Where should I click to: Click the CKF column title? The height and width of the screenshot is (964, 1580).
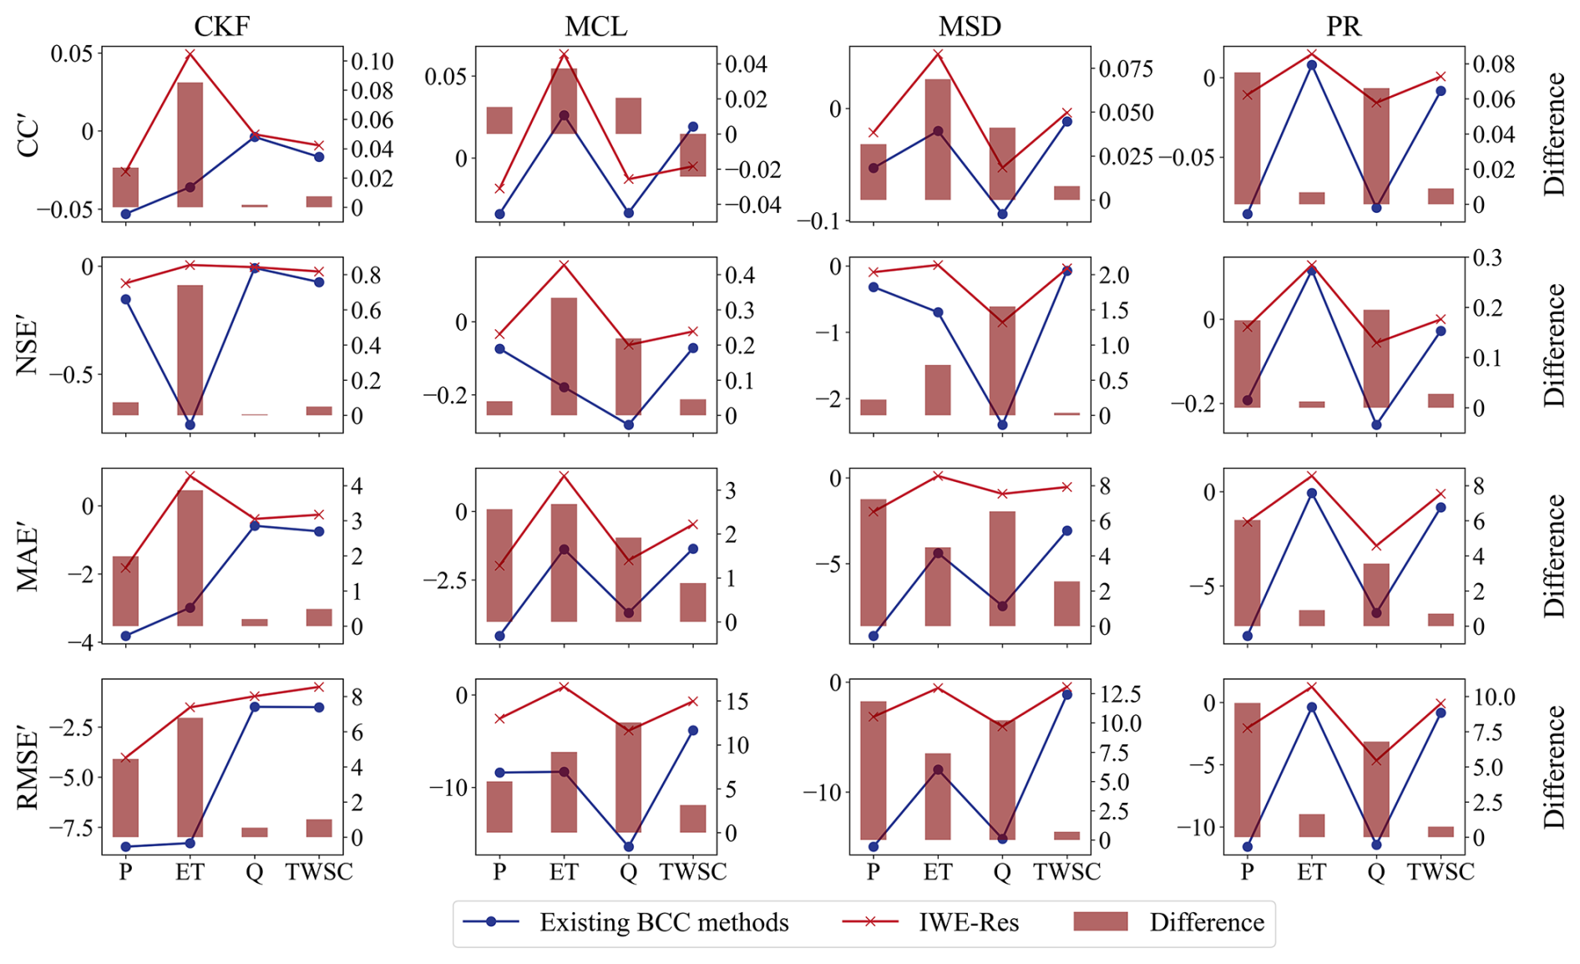point(221,27)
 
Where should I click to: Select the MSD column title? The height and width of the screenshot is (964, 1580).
point(970,27)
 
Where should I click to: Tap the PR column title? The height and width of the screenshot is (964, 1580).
point(1344,27)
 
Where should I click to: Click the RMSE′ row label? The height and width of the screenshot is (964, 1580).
point(28,769)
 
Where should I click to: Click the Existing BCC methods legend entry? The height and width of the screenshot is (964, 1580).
point(663,922)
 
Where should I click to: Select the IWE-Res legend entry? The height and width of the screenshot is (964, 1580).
point(968,922)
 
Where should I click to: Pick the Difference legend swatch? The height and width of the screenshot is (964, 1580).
point(1100,921)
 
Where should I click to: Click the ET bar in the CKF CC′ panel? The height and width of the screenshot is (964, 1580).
point(190,144)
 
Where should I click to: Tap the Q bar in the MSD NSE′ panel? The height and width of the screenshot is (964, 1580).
point(1002,361)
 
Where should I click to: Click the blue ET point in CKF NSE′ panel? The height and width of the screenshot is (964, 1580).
point(190,424)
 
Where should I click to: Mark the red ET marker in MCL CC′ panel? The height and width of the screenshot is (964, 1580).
point(564,54)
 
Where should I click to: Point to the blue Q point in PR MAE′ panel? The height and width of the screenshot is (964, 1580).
point(1376,612)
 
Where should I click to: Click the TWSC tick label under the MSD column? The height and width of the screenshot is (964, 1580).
point(1066,872)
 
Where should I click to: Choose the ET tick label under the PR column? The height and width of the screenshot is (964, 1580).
point(1311,872)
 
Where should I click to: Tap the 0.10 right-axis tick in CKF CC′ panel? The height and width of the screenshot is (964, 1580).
point(372,62)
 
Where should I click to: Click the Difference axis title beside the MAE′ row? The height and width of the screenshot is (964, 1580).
point(1554,556)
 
